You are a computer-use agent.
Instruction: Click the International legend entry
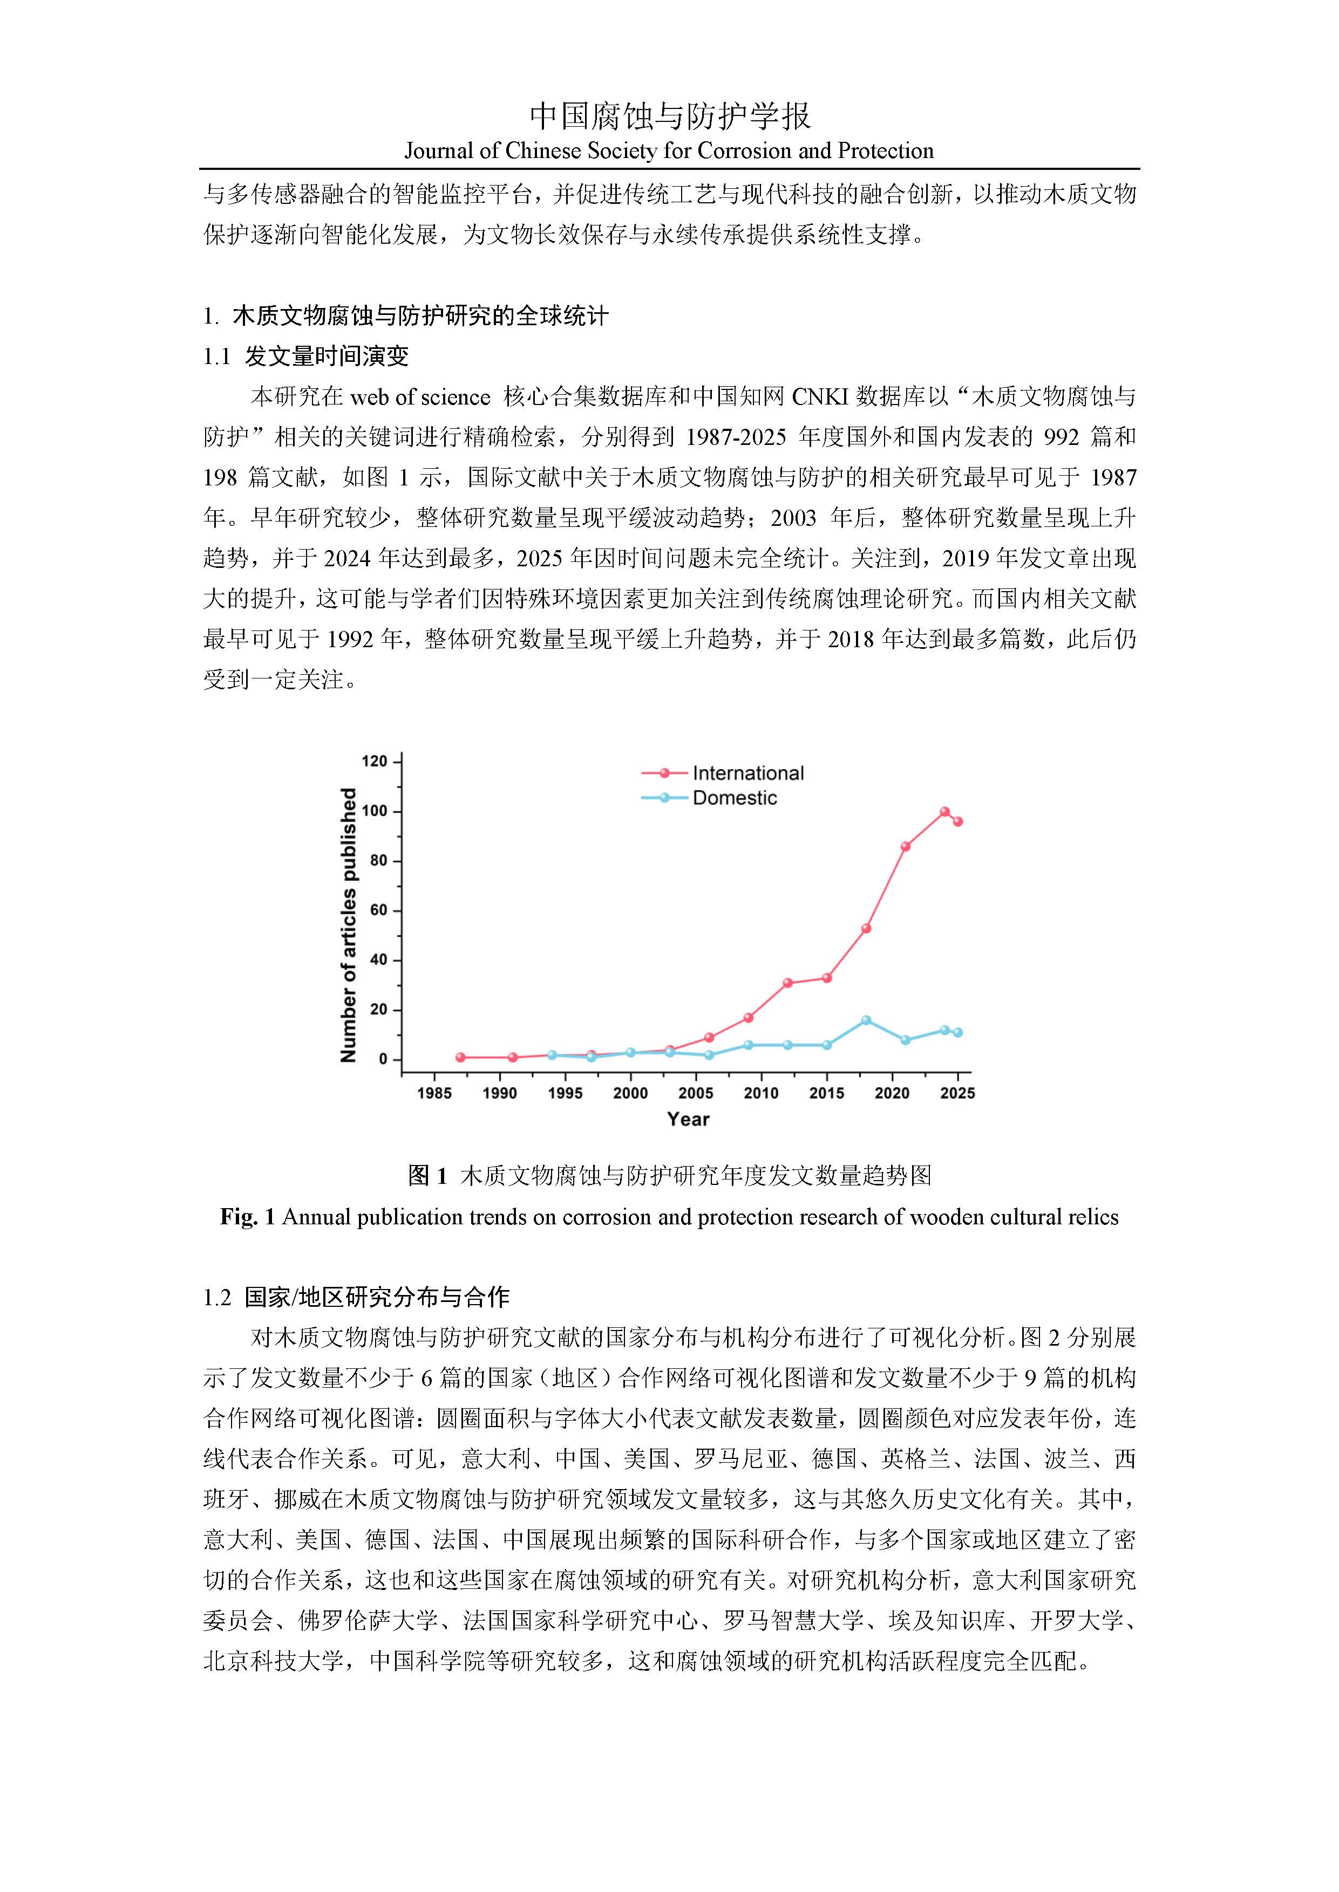747,773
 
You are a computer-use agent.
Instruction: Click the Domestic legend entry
734,798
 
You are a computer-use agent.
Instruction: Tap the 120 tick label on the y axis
375,762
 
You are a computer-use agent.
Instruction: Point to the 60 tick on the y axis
378,910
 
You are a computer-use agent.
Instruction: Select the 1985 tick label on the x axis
434,1093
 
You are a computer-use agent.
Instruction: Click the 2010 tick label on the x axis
761,1093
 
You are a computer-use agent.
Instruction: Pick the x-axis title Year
689,1119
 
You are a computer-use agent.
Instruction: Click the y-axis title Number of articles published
349,924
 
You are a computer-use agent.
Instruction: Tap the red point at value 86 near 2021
905,846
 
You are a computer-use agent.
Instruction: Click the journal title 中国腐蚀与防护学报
669,116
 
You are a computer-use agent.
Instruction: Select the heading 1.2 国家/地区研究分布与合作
356,1297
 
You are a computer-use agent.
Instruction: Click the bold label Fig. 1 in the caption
247,1217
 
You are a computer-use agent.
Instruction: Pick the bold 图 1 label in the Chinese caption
427,1175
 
